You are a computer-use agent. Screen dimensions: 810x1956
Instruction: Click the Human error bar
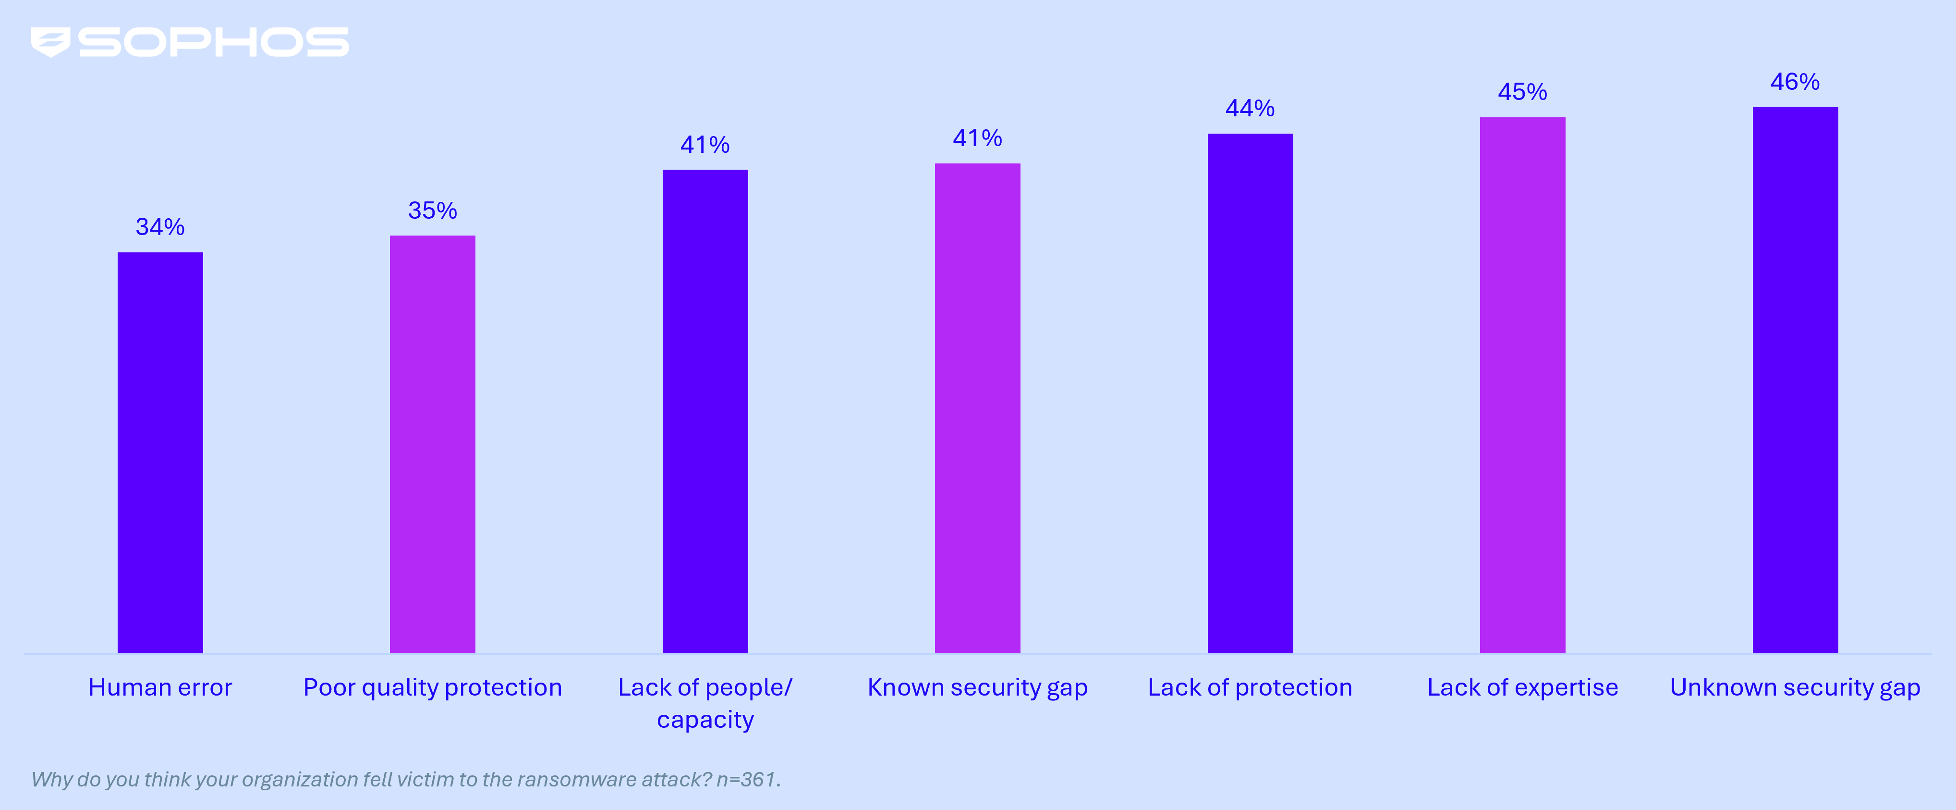pyautogui.click(x=160, y=452)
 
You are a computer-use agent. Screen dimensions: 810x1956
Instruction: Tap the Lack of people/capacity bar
pyautogui.click(x=705, y=411)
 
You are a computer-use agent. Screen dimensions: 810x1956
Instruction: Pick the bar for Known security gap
pyautogui.click(x=977, y=408)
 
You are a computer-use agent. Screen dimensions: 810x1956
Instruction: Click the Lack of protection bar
pyautogui.click(x=1250, y=393)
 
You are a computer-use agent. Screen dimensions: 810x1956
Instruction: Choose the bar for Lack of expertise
pyautogui.click(x=1522, y=385)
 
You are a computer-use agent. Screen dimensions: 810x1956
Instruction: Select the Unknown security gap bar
pyautogui.click(x=1795, y=380)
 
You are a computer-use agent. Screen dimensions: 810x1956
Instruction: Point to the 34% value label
pyautogui.click(x=160, y=226)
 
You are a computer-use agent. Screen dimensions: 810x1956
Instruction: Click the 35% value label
pyautogui.click(x=432, y=211)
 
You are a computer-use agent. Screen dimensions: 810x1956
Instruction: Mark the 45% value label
pyautogui.click(x=1522, y=92)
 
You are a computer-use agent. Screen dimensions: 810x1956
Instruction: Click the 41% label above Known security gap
pyautogui.click(x=977, y=138)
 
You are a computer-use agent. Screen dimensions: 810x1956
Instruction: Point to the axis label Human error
pyautogui.click(x=160, y=688)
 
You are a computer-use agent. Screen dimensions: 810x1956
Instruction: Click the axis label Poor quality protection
pyautogui.click(x=432, y=688)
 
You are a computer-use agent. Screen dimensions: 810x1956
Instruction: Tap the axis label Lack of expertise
pyautogui.click(x=1522, y=688)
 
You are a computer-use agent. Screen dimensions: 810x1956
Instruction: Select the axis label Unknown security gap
pyautogui.click(x=1795, y=688)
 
